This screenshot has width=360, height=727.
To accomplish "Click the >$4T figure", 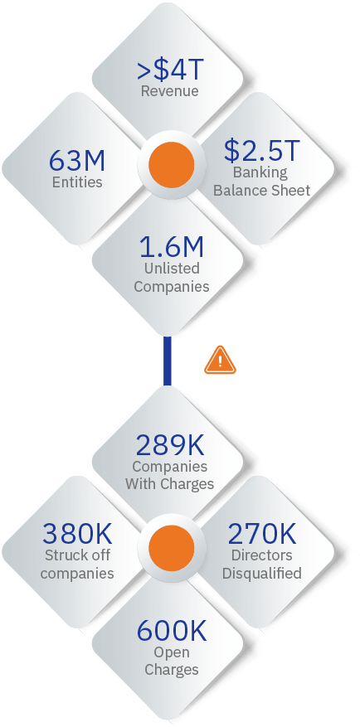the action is coord(170,70).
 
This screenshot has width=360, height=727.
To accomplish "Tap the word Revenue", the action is coord(170,91).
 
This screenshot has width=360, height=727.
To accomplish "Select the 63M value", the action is coord(77,161).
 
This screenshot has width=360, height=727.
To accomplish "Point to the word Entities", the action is coord(77,182).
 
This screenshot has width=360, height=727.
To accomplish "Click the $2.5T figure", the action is coord(261,151).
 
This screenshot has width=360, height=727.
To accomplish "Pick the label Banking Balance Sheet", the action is coord(261,182).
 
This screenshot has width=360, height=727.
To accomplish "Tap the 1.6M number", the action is coord(172,247).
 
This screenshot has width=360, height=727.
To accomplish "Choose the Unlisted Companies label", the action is coord(172,277).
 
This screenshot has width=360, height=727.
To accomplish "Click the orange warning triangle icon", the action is coord(220,361).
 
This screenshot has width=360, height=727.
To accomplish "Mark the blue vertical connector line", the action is coord(168,361).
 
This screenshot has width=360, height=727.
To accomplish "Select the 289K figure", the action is coord(170,445).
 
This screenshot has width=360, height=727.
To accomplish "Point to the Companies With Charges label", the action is coord(170,475).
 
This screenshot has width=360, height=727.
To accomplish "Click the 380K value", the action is coord(77,534).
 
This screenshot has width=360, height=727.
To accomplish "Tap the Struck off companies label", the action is coord(77,564).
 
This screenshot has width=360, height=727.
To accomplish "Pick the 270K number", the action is coord(261,534).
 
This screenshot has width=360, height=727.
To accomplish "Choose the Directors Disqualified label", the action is coord(261,564).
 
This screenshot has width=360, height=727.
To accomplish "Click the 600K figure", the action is coord(171,631).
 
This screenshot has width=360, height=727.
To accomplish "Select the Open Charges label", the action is coord(171,661).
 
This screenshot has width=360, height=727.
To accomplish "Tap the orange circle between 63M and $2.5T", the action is coord(171,165).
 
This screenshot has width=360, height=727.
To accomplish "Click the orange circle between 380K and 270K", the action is coord(171,549).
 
